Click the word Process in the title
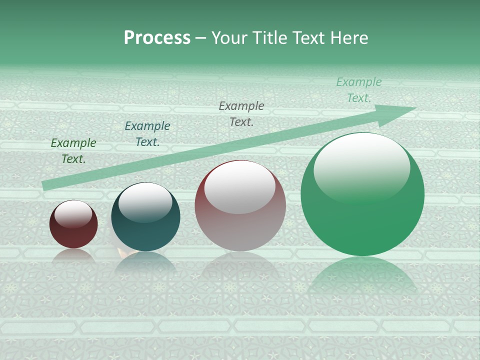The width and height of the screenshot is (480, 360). [x=157, y=38]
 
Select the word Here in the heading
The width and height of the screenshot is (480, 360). [x=348, y=38]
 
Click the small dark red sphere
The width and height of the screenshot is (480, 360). [x=73, y=230]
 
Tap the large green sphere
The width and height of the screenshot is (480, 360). [x=362, y=215]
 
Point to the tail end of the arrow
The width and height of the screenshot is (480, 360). [x=46, y=185]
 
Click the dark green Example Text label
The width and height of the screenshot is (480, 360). [x=73, y=150]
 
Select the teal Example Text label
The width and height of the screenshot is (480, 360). [x=147, y=134]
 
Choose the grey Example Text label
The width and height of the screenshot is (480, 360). [x=241, y=113]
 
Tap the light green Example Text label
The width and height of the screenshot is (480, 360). [x=359, y=90]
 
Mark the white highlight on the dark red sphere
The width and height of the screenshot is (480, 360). [x=73, y=214]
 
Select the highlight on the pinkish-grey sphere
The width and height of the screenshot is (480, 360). [x=240, y=188]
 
